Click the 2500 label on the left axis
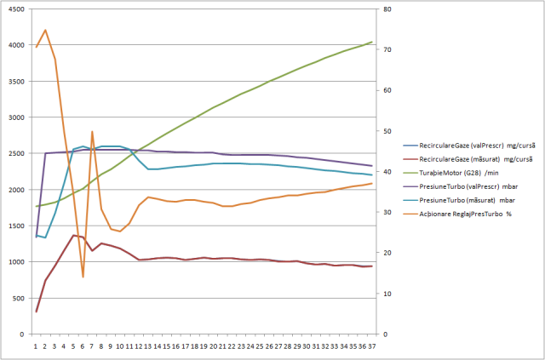point(19,154)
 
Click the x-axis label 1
point(36,346)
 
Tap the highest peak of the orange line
point(45,30)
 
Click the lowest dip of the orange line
point(83,277)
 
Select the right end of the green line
point(372,42)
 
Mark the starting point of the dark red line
point(36,311)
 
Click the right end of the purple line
point(372,166)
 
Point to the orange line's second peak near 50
point(92,132)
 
